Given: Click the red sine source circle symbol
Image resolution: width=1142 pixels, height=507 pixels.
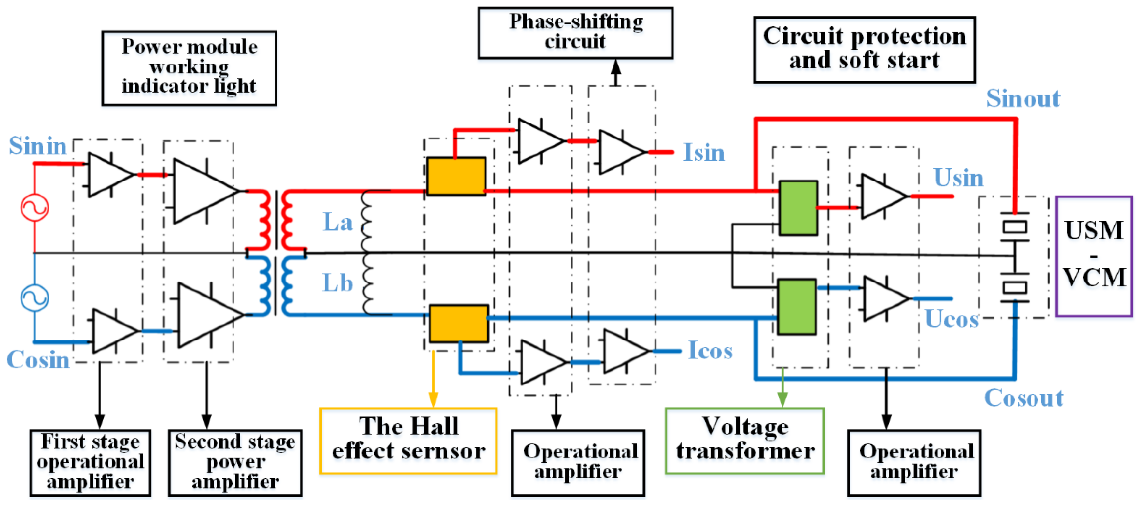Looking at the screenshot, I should [35, 208].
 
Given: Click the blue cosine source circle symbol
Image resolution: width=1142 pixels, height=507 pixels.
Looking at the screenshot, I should [35, 297].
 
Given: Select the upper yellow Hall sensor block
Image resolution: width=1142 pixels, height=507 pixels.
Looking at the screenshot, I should [456, 176].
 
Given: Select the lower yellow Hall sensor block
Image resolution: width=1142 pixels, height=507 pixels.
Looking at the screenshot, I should [459, 323].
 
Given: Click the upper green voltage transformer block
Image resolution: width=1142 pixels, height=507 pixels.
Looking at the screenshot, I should [798, 208].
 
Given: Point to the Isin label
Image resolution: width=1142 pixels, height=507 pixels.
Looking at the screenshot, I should [704, 152].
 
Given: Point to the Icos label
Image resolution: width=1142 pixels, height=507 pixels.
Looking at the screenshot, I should [710, 350].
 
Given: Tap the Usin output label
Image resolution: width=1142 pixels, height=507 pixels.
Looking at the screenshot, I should [958, 178].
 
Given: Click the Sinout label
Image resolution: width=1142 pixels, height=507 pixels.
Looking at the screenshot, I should [1023, 98].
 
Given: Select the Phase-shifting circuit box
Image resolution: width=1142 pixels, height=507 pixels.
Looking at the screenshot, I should [575, 33].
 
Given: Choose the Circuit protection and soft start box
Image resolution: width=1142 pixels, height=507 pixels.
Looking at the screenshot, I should [864, 50].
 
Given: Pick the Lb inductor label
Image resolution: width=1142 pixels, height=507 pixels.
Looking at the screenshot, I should [337, 283].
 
